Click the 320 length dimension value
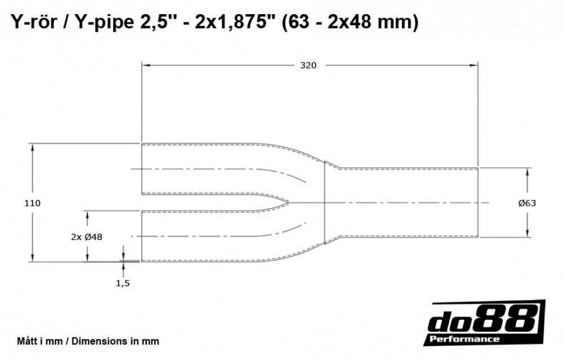coord(308,65)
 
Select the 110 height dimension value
coord(33,203)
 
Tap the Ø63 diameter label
coord(527,203)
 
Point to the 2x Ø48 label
coord(87,237)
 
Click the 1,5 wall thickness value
coord(123,283)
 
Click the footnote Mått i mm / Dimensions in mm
coord(88,341)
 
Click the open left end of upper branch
coord(141,169)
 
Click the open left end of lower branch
coord(141,236)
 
